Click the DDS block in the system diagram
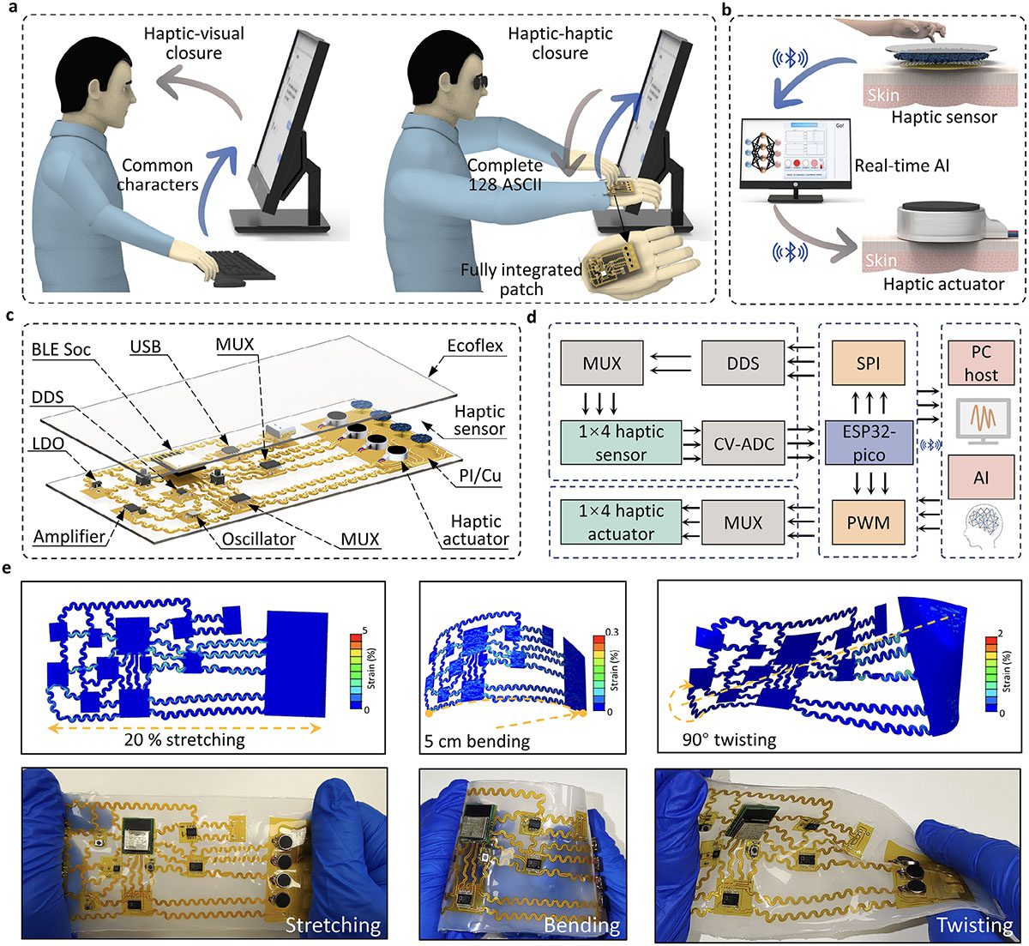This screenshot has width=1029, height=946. click(x=743, y=363)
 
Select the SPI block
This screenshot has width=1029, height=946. click(x=868, y=363)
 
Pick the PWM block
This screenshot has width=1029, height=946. click(x=868, y=521)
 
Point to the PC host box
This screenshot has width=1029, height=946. click(x=981, y=363)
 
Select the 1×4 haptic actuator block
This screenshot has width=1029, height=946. click(x=622, y=522)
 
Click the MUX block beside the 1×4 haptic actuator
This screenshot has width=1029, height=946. click(x=743, y=521)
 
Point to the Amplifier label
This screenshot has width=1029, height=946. click(x=69, y=537)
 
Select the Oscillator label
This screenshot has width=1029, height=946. click(x=255, y=539)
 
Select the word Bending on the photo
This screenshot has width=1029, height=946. click(x=582, y=925)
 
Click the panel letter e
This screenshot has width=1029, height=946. click(x=9, y=569)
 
